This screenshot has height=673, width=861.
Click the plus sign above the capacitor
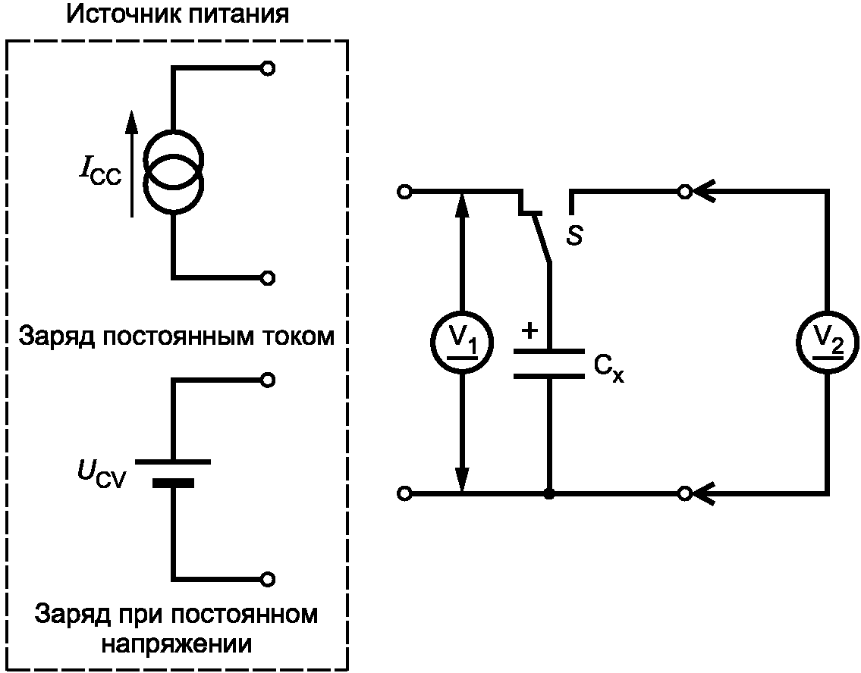pyautogui.click(x=530, y=330)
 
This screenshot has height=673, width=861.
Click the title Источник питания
pyautogui.click(x=178, y=14)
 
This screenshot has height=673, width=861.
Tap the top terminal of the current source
pyautogui.click(x=266, y=69)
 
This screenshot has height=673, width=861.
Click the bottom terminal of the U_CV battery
pyautogui.click(x=266, y=579)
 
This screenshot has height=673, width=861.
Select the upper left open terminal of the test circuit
pyautogui.click(x=405, y=193)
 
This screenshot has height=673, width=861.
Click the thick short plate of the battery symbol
pyautogui.click(x=174, y=483)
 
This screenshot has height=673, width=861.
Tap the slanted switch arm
pyautogui.click(x=542, y=239)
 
